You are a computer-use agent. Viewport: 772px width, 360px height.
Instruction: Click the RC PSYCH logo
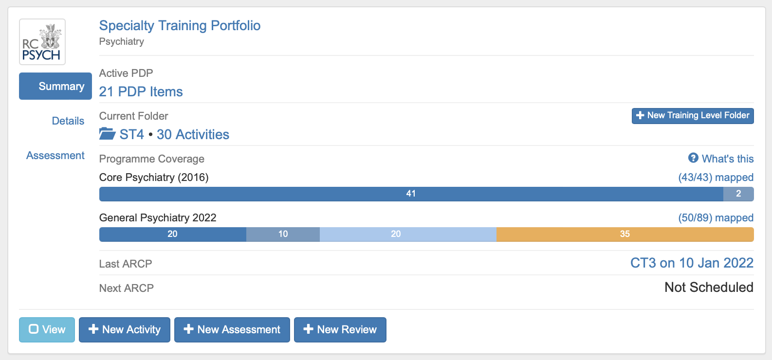[x=42, y=42]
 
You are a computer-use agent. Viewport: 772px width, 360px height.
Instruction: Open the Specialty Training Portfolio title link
[x=180, y=25]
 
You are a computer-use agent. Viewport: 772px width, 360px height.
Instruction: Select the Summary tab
[x=55, y=86]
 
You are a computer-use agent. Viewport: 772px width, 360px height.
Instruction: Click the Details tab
[x=68, y=121]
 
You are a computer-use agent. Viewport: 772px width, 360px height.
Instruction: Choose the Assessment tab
[x=55, y=156]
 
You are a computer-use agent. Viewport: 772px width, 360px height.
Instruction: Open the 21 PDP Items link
[x=141, y=91]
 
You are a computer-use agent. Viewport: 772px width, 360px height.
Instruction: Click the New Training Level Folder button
[x=692, y=116]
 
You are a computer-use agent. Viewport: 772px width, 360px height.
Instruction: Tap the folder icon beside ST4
[x=107, y=134]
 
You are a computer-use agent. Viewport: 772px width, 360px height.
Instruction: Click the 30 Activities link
[x=193, y=134]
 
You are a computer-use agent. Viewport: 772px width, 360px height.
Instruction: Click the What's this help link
[x=721, y=159]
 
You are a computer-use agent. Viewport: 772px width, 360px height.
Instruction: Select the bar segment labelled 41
[x=411, y=194]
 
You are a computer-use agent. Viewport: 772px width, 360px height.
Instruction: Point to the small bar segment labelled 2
[x=738, y=194]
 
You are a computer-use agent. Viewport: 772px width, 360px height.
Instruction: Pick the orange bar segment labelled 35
[x=625, y=234]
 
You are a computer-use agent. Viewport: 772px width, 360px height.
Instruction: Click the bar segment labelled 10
[x=283, y=234]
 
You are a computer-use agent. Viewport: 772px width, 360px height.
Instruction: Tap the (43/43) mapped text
[x=716, y=177]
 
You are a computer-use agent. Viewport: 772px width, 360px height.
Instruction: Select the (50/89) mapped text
[x=716, y=217]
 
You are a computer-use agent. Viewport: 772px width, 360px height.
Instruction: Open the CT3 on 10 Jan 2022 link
[x=691, y=263]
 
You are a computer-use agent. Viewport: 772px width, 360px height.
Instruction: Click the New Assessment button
[x=232, y=330]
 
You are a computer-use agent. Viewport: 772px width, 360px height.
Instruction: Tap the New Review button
[x=340, y=330]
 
